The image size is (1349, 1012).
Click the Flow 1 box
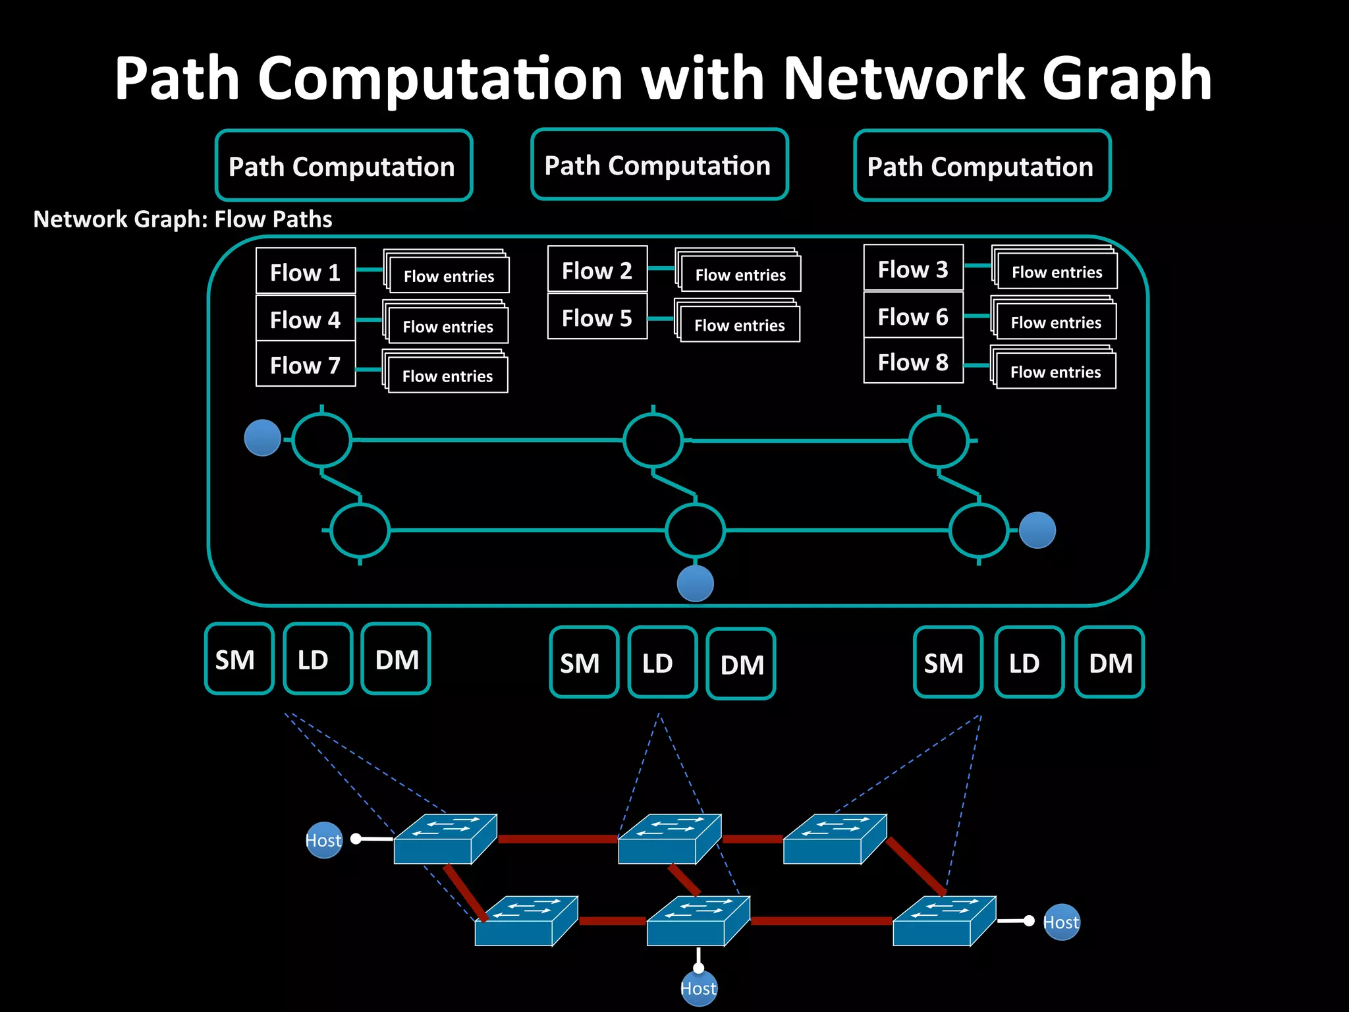pyautogui.click(x=306, y=271)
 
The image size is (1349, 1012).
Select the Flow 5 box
pyautogui.click(x=597, y=318)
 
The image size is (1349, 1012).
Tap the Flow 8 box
pyautogui.click(x=914, y=362)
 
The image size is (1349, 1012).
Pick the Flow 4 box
pyautogui.click(x=306, y=319)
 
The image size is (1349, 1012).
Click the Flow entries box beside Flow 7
pyautogui.click(x=447, y=375)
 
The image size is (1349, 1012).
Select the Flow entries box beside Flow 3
pyautogui.click(x=1057, y=271)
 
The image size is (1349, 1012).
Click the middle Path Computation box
pyautogui.click(x=659, y=165)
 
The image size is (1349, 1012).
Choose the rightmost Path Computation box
pyautogui.click(x=982, y=166)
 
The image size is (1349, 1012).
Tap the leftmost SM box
pyautogui.click(x=238, y=659)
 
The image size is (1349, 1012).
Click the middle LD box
pyautogui.click(x=662, y=663)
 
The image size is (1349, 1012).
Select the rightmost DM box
pyautogui.click(x=1109, y=662)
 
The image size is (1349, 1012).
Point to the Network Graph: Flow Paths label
pyautogui.click(x=182, y=219)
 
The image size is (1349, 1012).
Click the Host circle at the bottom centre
pyautogui.click(x=698, y=988)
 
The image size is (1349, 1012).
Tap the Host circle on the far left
pyautogui.click(x=324, y=840)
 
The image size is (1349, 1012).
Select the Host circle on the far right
pyautogui.click(x=1061, y=922)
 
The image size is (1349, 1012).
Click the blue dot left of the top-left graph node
pyautogui.click(x=262, y=438)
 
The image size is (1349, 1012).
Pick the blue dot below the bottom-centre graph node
pyautogui.click(x=696, y=583)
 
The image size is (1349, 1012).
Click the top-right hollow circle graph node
pyautogui.click(x=939, y=440)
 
